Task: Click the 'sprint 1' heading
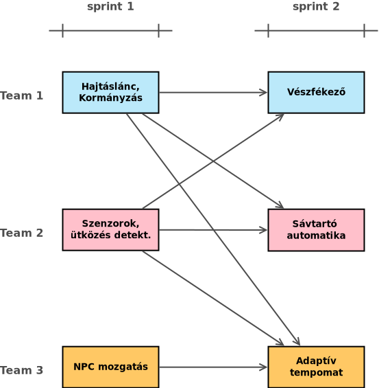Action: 110,7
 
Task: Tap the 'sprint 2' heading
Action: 316,7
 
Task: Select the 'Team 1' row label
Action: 21,95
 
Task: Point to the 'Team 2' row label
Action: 21,233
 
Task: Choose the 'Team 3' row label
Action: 21,370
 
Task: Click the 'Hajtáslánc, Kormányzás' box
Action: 110,93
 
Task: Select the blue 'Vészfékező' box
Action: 316,93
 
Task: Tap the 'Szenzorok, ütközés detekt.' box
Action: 110,230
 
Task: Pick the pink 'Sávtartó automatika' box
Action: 316,230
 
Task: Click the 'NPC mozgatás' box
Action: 110,367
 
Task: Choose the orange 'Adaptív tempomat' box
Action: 316,367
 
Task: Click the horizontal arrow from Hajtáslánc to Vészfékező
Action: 213,93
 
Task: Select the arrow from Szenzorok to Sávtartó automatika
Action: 213,230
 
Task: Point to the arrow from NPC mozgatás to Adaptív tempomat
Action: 213,367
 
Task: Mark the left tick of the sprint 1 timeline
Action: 63,31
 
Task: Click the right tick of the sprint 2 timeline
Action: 365,31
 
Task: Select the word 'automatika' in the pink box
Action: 316,236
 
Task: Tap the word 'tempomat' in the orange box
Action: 316,373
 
